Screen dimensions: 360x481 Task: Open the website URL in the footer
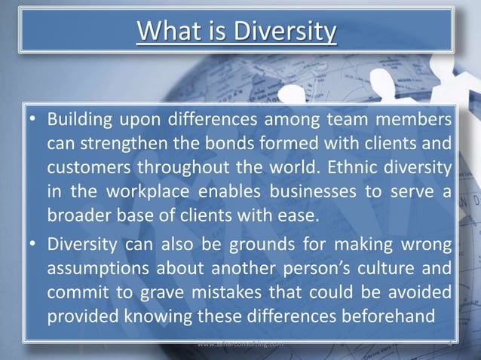[239, 343]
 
